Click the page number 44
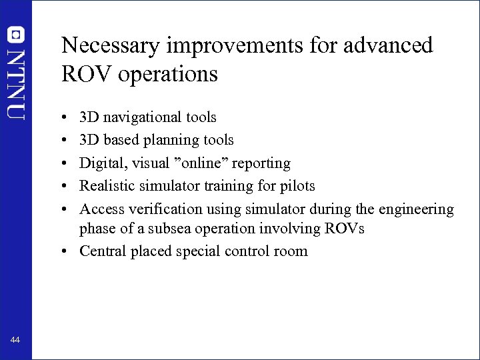[15, 341]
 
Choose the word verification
[163, 209]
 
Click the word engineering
[416, 209]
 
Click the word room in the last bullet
[293, 251]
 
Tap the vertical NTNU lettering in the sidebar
[16, 83]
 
